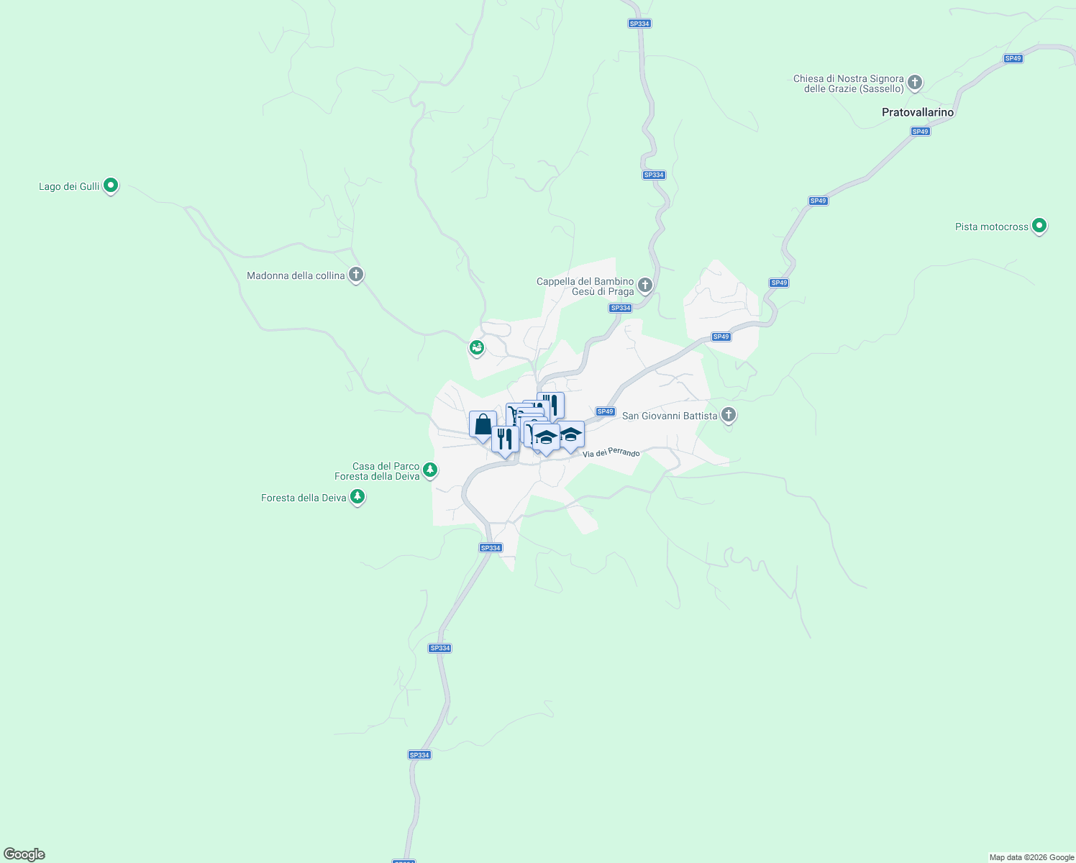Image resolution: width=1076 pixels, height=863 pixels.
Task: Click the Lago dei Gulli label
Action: tap(69, 187)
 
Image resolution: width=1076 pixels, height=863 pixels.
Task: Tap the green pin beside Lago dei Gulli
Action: tap(111, 186)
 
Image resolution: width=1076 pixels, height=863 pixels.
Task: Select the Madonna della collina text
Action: tap(296, 276)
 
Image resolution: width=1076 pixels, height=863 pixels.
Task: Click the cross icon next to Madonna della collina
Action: tap(356, 275)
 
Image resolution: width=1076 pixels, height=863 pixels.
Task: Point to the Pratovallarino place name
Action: tap(918, 113)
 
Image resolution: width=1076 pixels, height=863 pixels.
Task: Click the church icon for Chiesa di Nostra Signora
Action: tap(915, 83)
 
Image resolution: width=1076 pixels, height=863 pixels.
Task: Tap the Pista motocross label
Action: tap(992, 227)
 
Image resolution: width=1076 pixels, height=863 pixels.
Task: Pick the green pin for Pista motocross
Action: tap(1039, 226)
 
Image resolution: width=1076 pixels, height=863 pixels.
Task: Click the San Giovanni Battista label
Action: tap(670, 416)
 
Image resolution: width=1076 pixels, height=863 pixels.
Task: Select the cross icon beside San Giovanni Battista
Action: tap(729, 415)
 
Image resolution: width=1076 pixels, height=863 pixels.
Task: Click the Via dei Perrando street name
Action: tap(611, 453)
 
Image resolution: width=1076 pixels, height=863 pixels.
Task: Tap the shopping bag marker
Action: tap(483, 424)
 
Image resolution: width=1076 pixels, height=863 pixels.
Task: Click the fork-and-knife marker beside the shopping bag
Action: tap(505, 439)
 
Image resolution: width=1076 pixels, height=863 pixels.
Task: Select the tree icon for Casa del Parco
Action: tap(430, 470)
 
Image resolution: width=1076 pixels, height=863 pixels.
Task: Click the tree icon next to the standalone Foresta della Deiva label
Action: tap(357, 497)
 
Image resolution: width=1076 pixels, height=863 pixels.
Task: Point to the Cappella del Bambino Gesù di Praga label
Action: tap(585, 287)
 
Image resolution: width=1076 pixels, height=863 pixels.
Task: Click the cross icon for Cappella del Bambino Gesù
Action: tap(645, 286)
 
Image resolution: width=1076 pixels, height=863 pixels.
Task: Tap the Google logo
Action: tap(24, 854)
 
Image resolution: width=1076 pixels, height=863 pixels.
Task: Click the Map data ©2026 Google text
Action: tap(1031, 857)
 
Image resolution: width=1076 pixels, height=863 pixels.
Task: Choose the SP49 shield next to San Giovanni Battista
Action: tap(606, 412)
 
